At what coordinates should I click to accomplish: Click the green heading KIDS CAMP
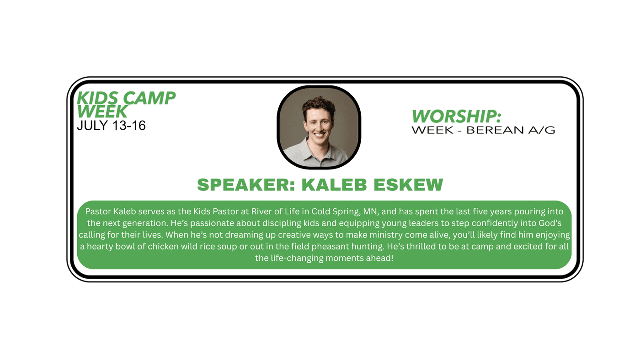click(x=126, y=98)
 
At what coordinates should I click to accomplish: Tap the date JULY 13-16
click(x=111, y=126)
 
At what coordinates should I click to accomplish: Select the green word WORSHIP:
click(x=456, y=116)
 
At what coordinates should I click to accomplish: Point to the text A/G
click(x=541, y=130)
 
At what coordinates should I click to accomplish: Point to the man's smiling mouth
click(x=319, y=134)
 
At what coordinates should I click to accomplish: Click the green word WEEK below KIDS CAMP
click(x=102, y=111)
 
